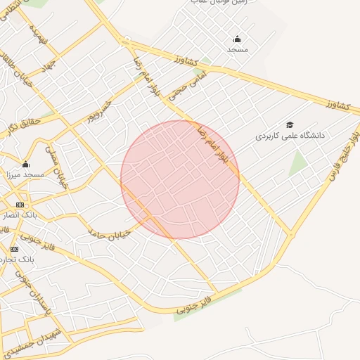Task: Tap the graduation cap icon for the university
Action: pos(289,124)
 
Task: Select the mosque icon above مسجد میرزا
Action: pos(25,163)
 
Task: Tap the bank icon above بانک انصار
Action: pos(19,204)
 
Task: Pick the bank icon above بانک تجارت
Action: pos(14,249)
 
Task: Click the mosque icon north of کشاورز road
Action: pos(237,39)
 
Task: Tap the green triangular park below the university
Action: pos(298,163)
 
